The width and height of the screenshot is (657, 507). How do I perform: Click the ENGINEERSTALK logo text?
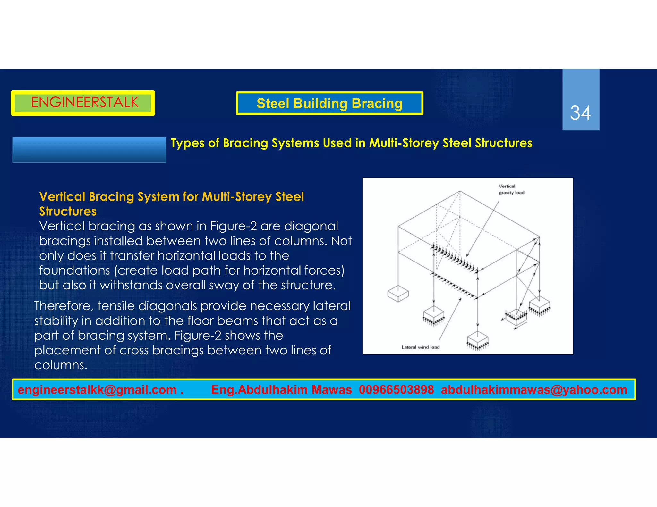tap(84, 103)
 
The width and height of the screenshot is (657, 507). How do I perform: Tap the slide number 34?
tap(580, 113)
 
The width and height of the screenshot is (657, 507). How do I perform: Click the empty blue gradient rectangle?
tap(89, 150)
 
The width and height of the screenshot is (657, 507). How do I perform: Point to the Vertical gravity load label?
tap(511, 189)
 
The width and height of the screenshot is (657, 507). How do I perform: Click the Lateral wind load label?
tap(420, 347)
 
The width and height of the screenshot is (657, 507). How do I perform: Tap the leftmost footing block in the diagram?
tap(398, 294)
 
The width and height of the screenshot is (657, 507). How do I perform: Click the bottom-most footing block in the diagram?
tap(477, 339)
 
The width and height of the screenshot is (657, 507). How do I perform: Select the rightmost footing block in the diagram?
tap(540, 305)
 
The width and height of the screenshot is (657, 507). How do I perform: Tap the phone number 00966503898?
tap(396, 390)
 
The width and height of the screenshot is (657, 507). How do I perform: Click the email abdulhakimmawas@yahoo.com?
tap(534, 390)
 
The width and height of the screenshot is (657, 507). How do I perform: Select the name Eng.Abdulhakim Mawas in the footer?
tap(281, 390)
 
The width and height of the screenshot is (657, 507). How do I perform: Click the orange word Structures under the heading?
tap(68, 212)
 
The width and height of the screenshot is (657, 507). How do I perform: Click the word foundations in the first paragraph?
tap(74, 270)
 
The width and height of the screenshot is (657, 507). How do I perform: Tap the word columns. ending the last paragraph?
tap(61, 365)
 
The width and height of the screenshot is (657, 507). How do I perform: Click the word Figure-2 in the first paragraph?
tap(233, 226)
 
